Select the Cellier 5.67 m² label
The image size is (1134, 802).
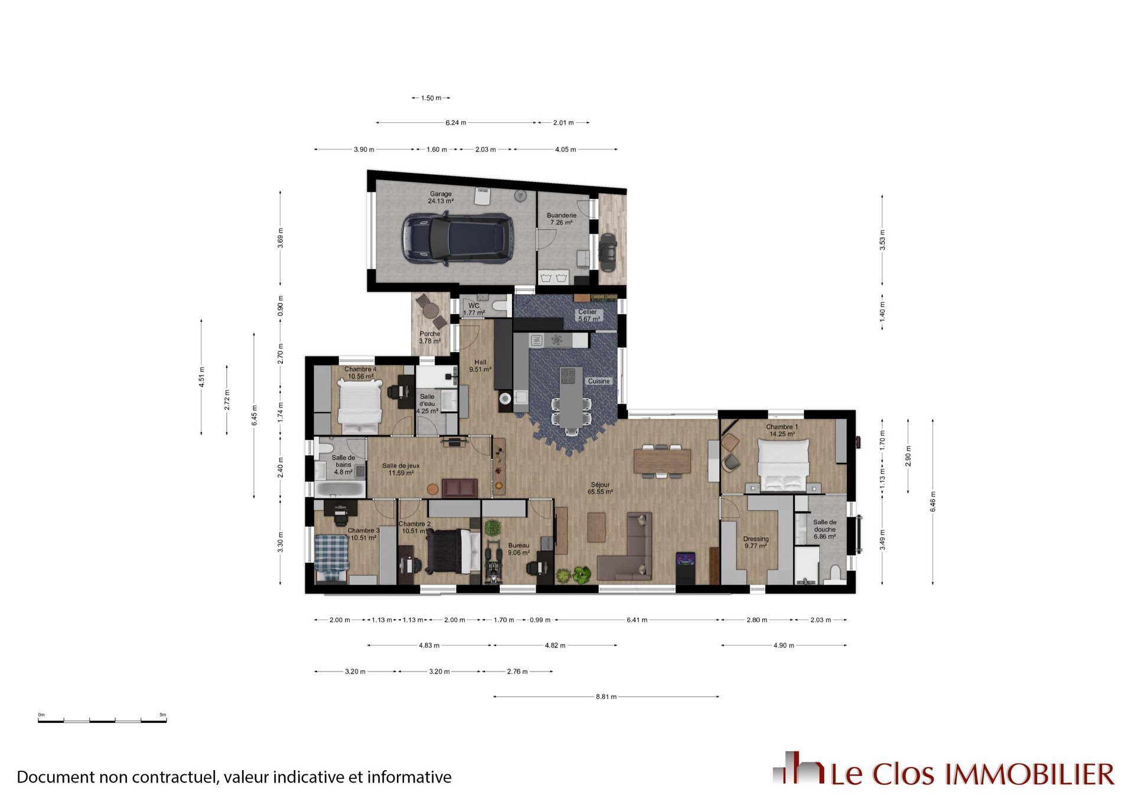pyautogui.click(x=588, y=315)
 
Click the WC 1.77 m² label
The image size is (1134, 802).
pyautogui.click(x=474, y=309)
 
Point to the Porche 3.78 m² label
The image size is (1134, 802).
pyautogui.click(x=430, y=337)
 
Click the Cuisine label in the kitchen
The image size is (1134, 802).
pyautogui.click(x=598, y=381)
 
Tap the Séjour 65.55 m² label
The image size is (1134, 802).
pyautogui.click(x=600, y=488)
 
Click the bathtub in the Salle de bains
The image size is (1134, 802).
pyautogui.click(x=340, y=489)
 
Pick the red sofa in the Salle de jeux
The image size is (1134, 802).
pyautogui.click(x=460, y=488)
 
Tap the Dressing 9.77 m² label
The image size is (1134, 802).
pyautogui.click(x=755, y=542)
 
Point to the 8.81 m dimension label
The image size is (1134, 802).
pyautogui.click(x=606, y=697)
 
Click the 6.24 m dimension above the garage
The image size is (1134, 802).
pyautogui.click(x=455, y=123)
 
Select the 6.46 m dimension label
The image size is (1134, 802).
pyautogui.click(x=933, y=502)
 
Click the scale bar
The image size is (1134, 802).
pyautogui.click(x=102, y=721)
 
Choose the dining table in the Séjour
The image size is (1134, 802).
pyautogui.click(x=661, y=461)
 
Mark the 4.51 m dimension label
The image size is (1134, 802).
pyautogui.click(x=201, y=377)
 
